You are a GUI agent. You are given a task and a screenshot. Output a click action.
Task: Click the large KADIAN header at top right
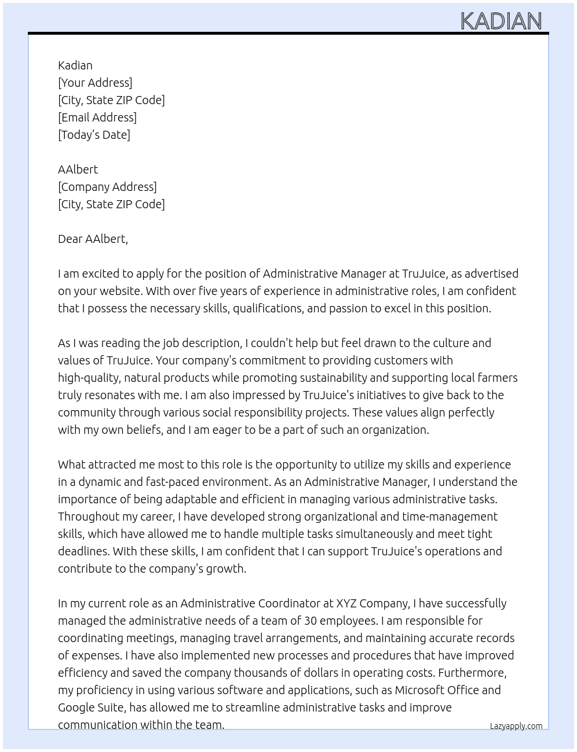click(x=501, y=21)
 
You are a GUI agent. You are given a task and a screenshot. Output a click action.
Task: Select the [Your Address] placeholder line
click(x=95, y=83)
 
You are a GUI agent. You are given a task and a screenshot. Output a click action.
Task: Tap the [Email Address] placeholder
click(x=97, y=117)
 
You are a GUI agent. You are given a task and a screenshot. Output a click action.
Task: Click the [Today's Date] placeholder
click(x=94, y=135)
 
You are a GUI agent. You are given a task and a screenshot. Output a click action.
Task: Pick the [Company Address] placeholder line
click(x=107, y=187)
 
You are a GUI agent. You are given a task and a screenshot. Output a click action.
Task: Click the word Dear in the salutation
click(x=70, y=239)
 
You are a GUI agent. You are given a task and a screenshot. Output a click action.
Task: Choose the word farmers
click(x=497, y=378)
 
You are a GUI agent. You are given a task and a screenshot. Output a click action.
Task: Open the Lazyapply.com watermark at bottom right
click(x=516, y=726)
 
